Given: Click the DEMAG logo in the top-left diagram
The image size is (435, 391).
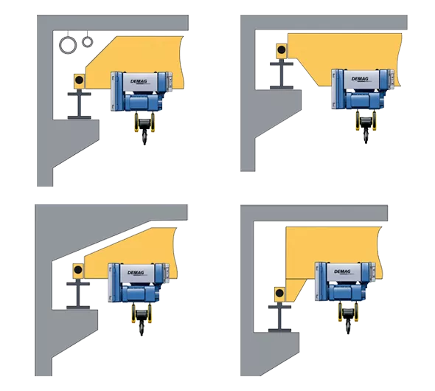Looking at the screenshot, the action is click(x=139, y=82).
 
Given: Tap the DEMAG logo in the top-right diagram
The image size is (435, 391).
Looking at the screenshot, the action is click(x=360, y=79).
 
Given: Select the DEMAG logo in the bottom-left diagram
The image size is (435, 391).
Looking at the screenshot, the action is click(x=136, y=273).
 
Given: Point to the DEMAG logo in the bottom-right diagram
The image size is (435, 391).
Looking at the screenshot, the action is click(x=342, y=271).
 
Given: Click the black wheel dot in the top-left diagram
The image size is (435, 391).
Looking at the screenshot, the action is click(x=79, y=80).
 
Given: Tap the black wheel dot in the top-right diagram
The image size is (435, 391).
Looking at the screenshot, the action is click(x=282, y=50).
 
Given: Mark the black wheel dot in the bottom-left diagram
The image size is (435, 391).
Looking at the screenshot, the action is click(x=78, y=269).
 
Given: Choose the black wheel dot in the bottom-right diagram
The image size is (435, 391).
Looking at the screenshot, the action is click(x=279, y=293).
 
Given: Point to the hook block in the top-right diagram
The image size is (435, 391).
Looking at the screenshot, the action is click(x=366, y=128).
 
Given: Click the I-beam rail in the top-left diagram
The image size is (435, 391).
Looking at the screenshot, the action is click(x=80, y=105).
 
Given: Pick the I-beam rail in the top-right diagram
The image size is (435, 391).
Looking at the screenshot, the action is click(x=282, y=76).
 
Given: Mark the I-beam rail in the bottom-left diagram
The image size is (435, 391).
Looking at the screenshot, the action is click(x=78, y=296).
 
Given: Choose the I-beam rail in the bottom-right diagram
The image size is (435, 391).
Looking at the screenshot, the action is click(x=279, y=319).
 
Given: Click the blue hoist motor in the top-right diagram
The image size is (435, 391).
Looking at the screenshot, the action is click(x=362, y=100).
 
